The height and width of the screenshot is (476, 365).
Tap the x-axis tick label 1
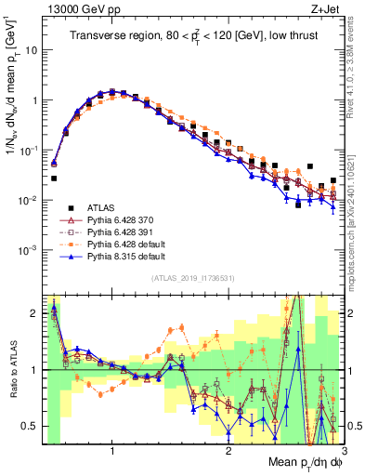112,454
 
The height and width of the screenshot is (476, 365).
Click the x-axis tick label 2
228,454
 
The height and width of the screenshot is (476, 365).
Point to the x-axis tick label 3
343,454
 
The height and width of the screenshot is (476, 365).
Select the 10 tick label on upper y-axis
31,50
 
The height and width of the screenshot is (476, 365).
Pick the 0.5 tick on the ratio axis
30,426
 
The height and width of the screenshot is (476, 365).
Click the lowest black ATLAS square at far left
53,178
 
